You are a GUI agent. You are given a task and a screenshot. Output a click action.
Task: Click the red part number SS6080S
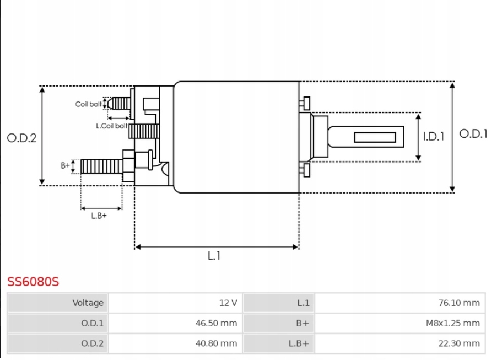coord(33,282)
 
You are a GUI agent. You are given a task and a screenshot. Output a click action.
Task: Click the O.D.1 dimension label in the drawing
coord(473,134)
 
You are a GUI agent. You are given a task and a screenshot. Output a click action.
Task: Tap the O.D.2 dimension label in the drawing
coord(21,138)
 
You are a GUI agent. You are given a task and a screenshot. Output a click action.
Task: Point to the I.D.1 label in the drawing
coord(434,137)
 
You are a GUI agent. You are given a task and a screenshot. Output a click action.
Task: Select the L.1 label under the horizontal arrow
coord(214,256)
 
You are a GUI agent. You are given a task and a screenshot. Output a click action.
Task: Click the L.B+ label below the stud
coord(99,216)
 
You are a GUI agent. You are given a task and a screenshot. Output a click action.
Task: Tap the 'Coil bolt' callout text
coord(88,104)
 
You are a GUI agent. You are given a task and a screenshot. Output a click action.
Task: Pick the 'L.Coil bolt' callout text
coord(111,126)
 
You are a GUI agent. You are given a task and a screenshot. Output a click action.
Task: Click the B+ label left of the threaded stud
coord(66,165)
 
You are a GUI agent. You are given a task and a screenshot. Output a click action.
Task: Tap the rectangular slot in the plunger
coord(376,137)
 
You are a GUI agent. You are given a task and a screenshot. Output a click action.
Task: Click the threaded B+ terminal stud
coord(101,165)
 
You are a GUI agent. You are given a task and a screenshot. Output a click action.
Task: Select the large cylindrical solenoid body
coord(236,137)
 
